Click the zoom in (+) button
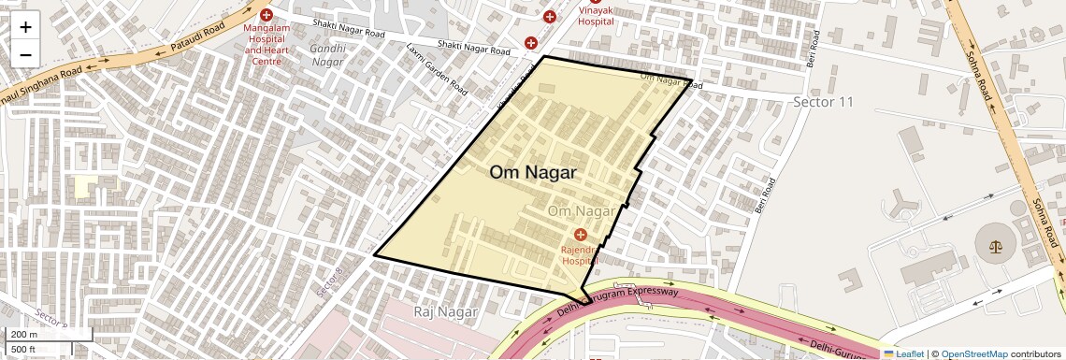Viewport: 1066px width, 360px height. (x=25, y=27)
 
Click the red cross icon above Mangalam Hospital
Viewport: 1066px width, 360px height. (x=266, y=15)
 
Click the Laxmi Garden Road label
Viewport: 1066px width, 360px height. (x=437, y=68)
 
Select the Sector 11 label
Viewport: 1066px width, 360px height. (x=823, y=101)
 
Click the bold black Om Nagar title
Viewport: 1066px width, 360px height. (x=533, y=173)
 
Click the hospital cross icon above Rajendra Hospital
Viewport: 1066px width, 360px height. (x=581, y=234)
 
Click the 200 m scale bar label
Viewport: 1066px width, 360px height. (x=25, y=335)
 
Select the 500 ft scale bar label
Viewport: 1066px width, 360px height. (x=23, y=349)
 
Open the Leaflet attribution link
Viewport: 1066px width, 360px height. (x=904, y=353)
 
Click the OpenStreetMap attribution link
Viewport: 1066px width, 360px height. (x=973, y=353)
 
